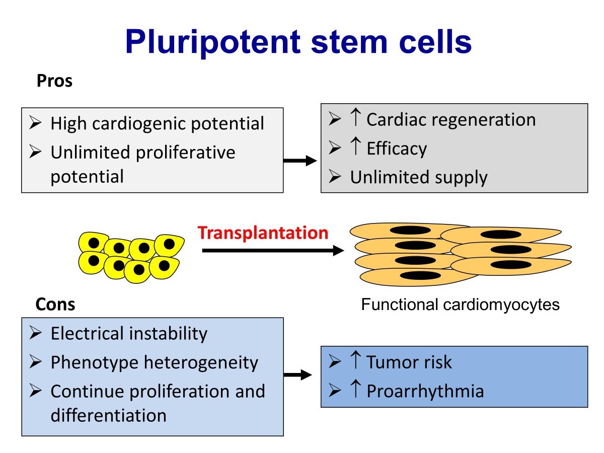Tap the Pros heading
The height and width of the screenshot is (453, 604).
[x=54, y=81]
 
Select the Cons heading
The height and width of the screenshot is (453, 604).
[x=55, y=304]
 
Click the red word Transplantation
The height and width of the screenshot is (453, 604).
[x=263, y=233]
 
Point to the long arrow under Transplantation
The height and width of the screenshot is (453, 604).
[x=272, y=250]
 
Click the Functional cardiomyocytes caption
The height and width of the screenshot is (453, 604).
[x=460, y=305]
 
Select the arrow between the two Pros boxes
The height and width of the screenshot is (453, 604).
[x=300, y=161]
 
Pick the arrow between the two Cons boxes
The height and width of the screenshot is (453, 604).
[x=300, y=374]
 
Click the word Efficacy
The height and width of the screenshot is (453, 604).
[x=397, y=148]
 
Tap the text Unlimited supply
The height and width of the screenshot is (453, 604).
[x=419, y=177]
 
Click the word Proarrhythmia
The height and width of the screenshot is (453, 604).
[x=425, y=391]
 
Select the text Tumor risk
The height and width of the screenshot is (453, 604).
[x=409, y=362]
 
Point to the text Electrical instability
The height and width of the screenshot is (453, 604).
[x=129, y=333]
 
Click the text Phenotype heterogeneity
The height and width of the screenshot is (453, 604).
[x=154, y=362]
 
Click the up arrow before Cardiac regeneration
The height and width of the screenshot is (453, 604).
[x=355, y=119]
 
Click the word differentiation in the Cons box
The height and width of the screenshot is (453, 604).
[x=108, y=415]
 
